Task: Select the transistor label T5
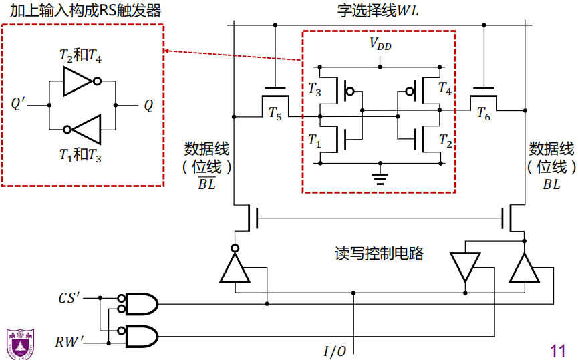coord(275,114)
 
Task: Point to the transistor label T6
coord(483,115)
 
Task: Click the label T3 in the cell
coord(314,87)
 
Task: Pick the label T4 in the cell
coord(445,87)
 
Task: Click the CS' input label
coord(70,297)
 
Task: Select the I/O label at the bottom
coord(335,351)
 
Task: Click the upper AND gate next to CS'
coord(141,304)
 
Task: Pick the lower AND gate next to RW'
coord(141,336)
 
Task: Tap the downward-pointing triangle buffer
coord(465,266)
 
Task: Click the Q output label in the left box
coord(148,105)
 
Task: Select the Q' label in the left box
coord(20,104)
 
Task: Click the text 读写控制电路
coord(379,254)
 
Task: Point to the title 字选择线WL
coord(378,12)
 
